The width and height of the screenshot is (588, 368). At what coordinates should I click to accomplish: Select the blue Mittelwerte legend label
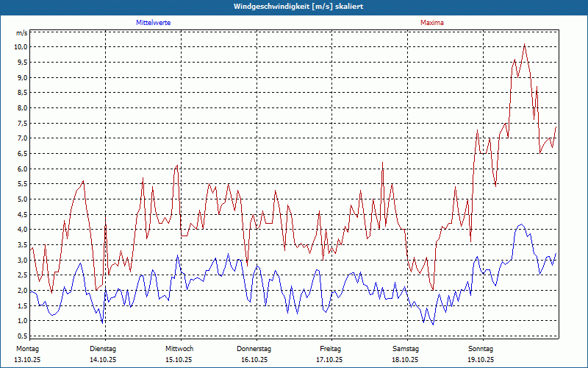pos(154,23)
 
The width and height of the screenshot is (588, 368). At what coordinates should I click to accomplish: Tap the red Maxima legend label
pos(432,23)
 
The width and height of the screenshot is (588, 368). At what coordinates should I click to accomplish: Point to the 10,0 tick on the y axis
pos(21,46)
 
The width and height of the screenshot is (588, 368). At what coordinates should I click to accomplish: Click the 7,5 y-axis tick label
pos(22,123)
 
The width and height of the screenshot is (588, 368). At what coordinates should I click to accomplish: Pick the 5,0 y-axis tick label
pos(22,199)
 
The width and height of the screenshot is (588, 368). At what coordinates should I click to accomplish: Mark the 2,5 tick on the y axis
pos(22,275)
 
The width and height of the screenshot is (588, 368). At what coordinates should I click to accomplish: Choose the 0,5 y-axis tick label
pos(22,336)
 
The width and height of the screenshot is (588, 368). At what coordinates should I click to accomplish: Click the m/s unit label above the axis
pos(22,34)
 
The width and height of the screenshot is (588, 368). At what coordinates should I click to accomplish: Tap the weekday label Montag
pos(27,348)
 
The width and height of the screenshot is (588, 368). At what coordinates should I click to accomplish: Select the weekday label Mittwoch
pos(179,348)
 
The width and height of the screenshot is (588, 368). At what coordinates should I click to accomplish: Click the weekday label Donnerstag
pos(254,348)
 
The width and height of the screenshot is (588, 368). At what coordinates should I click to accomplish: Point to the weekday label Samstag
pos(406,348)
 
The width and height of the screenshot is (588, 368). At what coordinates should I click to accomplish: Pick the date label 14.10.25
pos(103,360)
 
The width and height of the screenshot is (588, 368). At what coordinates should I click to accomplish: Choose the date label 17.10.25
pos(330,360)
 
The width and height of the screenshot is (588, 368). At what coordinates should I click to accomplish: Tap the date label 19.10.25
pos(481,360)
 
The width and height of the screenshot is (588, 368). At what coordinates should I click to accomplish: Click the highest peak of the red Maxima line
pos(524,44)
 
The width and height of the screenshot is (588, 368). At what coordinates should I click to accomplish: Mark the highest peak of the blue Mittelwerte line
pos(521,224)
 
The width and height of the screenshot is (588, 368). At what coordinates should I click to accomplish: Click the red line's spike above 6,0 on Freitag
pos(383,161)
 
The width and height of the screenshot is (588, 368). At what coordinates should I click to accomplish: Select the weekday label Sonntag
pos(481,348)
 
